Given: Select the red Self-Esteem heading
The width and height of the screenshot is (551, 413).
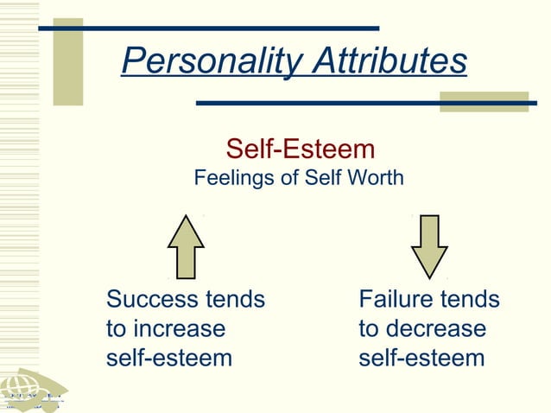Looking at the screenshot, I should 300,149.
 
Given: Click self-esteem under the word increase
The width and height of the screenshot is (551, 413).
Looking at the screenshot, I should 169,358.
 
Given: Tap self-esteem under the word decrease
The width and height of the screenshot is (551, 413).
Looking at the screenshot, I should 421,358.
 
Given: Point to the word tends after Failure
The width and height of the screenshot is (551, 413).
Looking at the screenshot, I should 470,300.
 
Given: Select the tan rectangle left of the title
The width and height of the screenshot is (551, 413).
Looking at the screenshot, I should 68,61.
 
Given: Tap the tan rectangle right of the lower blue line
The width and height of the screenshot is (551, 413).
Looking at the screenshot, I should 484,101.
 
